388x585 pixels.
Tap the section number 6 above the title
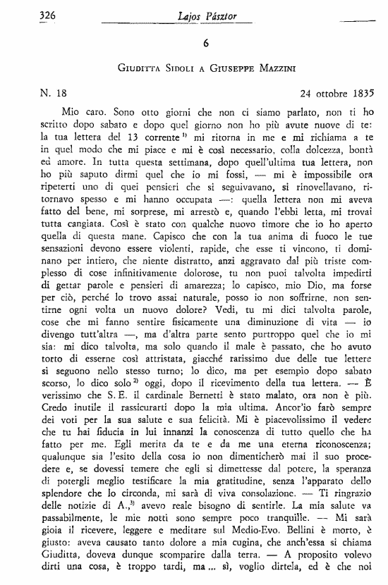[x=205, y=42]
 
